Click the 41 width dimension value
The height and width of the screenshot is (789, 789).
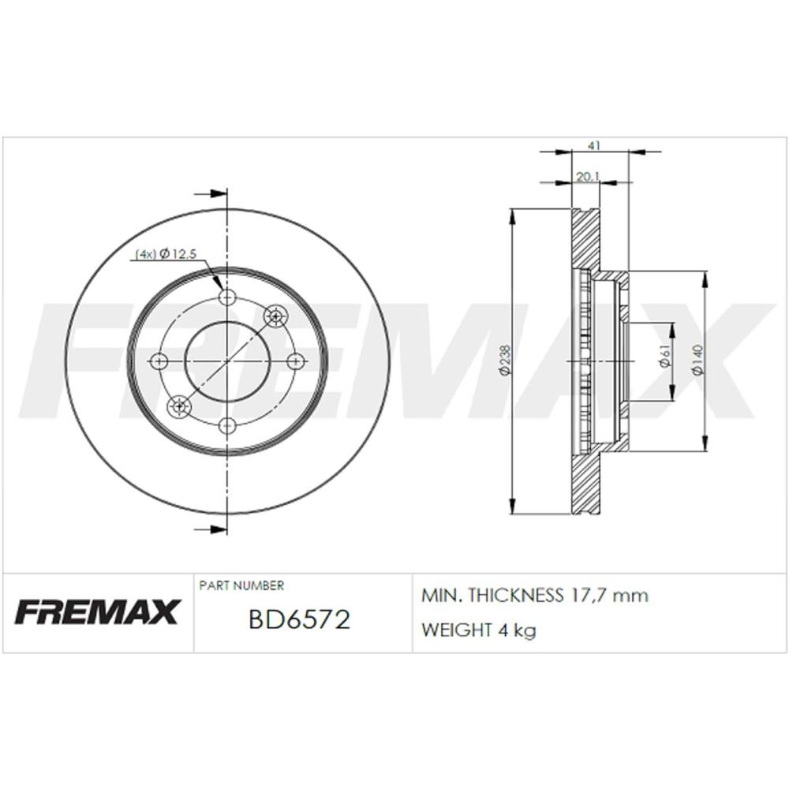click(594, 145)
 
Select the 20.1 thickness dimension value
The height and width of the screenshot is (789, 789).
click(587, 177)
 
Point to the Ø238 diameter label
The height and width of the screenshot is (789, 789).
click(505, 361)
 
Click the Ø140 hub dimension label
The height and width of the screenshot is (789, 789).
click(697, 361)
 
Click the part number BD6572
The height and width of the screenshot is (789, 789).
click(299, 619)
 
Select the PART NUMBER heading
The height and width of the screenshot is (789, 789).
click(241, 585)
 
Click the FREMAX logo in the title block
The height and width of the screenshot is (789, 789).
click(97, 612)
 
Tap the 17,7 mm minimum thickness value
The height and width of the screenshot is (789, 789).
click(610, 596)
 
